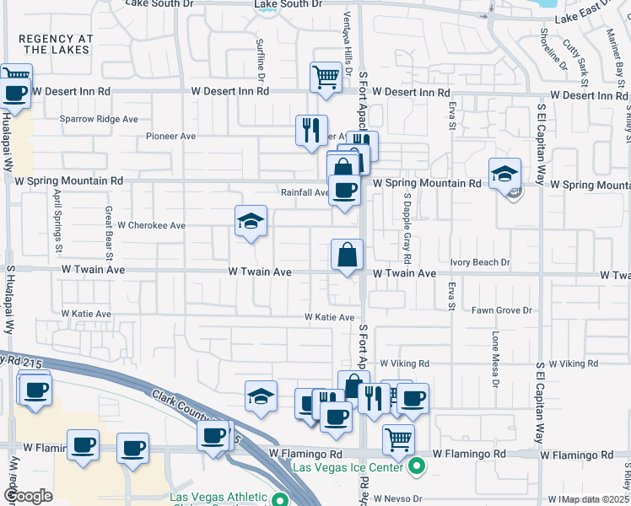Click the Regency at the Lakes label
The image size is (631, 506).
[55, 44]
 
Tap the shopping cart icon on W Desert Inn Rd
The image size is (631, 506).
[326, 77]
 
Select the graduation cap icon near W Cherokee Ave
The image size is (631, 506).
[251, 221]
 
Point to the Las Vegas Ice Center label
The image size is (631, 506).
[347, 466]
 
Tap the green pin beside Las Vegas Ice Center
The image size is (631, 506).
[416, 465]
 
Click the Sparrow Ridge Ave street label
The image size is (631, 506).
[99, 119]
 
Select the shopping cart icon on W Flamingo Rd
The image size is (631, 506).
[398, 439]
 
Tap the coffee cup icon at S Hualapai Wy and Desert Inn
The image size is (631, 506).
[15, 93]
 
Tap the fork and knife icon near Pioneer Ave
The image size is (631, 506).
[311, 129]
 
